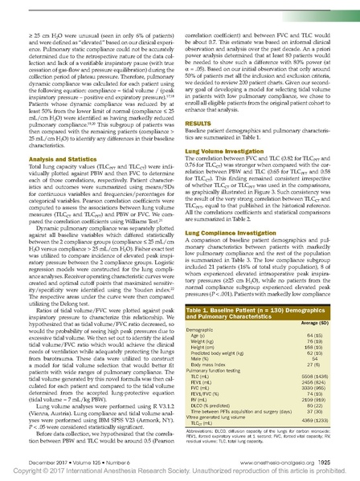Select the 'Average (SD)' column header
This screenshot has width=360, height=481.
pos(325,347)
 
